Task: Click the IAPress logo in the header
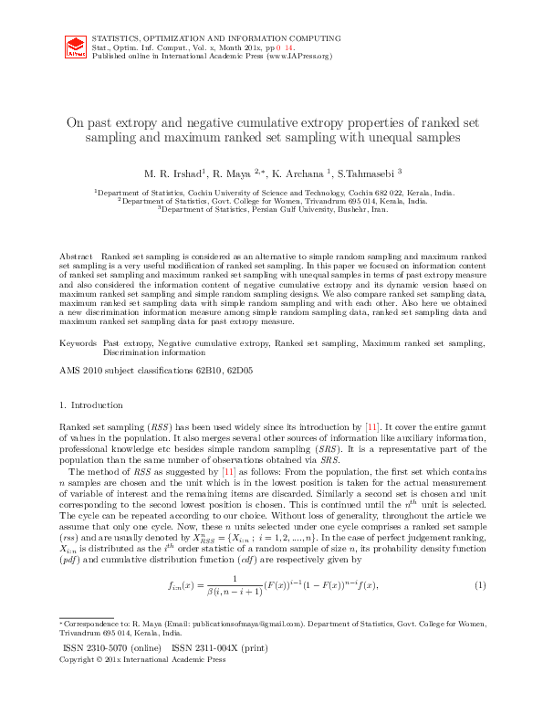click(x=77, y=47)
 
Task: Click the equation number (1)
click(x=479, y=583)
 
